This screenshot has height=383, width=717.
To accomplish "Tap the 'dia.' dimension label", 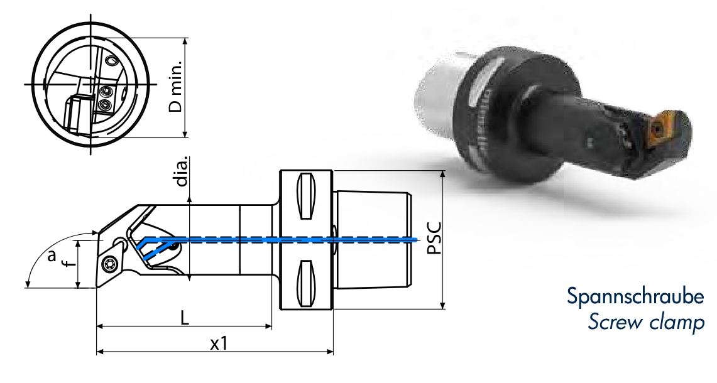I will pos(182,173).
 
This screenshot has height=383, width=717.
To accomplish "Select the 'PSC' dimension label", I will pos(433,238).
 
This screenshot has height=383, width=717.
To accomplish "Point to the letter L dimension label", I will pos(184,318).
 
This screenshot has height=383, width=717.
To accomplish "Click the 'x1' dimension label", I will pos(218,343).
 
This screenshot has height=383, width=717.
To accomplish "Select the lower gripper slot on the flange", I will pos(305,281).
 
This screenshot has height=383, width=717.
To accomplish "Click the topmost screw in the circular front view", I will pos(111,61).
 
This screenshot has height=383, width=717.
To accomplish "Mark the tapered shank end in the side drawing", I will pos(374,239).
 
